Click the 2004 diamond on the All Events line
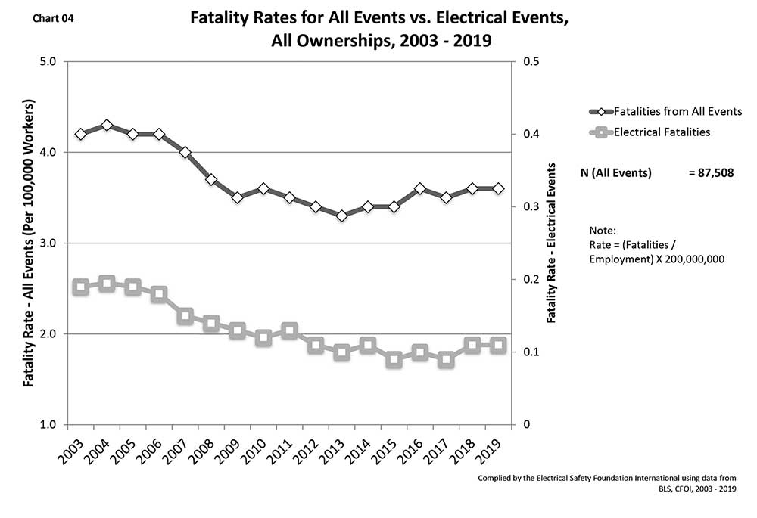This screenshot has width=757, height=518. tap(107, 125)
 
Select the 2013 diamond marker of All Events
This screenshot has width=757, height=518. tap(341, 216)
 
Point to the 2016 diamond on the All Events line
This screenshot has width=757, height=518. tap(420, 188)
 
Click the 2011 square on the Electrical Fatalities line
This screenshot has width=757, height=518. tap(289, 330)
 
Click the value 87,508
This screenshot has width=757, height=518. tap(715, 173)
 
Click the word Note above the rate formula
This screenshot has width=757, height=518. tap(602, 230)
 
